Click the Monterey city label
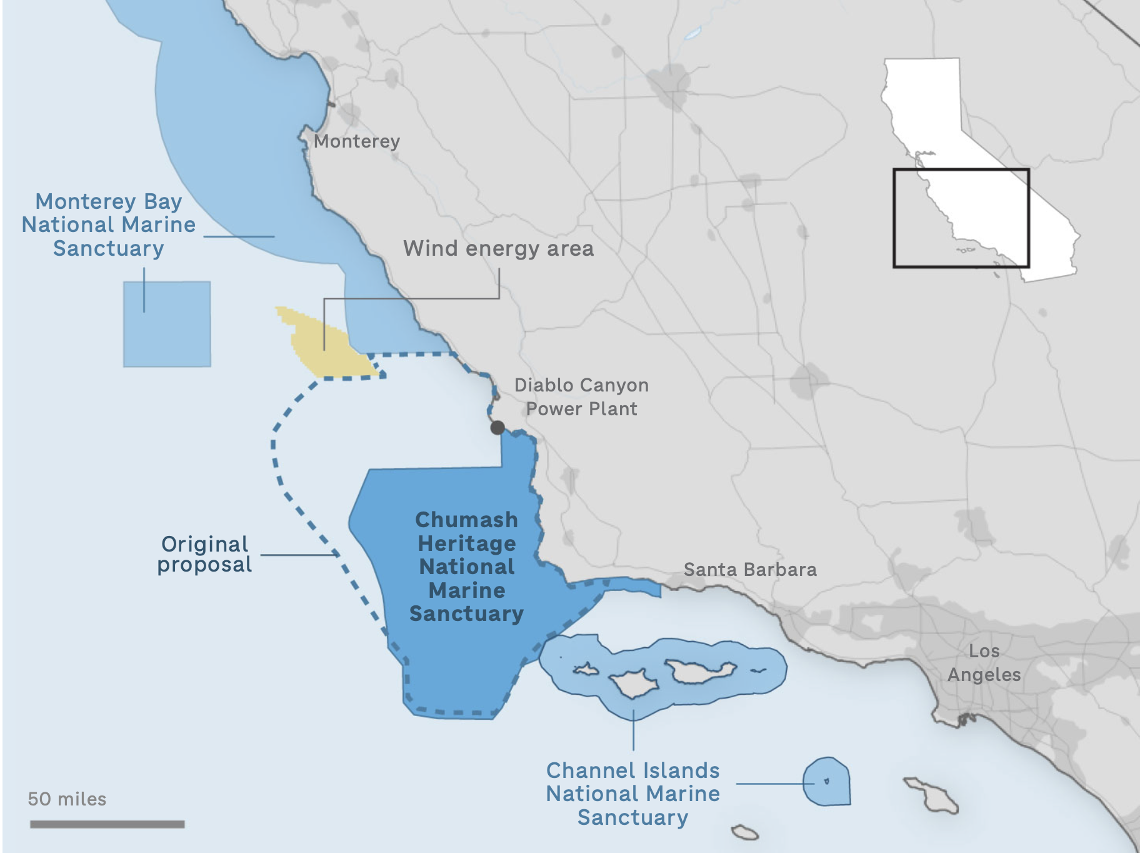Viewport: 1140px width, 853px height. (x=356, y=141)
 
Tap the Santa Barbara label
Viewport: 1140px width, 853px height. (x=750, y=570)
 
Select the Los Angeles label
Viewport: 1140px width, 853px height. (x=984, y=663)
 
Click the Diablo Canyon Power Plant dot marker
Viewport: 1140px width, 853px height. (x=497, y=428)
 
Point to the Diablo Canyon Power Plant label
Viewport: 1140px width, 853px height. (x=581, y=397)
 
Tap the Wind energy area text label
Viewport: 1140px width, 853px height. (x=498, y=248)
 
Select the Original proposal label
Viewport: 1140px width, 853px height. (x=204, y=554)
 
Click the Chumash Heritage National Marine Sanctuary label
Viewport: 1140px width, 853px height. (x=466, y=567)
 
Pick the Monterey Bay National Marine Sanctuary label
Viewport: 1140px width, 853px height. (x=108, y=225)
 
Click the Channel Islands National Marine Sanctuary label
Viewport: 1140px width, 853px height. (x=632, y=794)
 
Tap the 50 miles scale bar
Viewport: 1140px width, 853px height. (x=107, y=824)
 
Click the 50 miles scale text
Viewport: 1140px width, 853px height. (x=67, y=799)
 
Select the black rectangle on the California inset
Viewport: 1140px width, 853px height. (x=961, y=170)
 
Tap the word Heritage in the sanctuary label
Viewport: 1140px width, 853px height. (x=467, y=543)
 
